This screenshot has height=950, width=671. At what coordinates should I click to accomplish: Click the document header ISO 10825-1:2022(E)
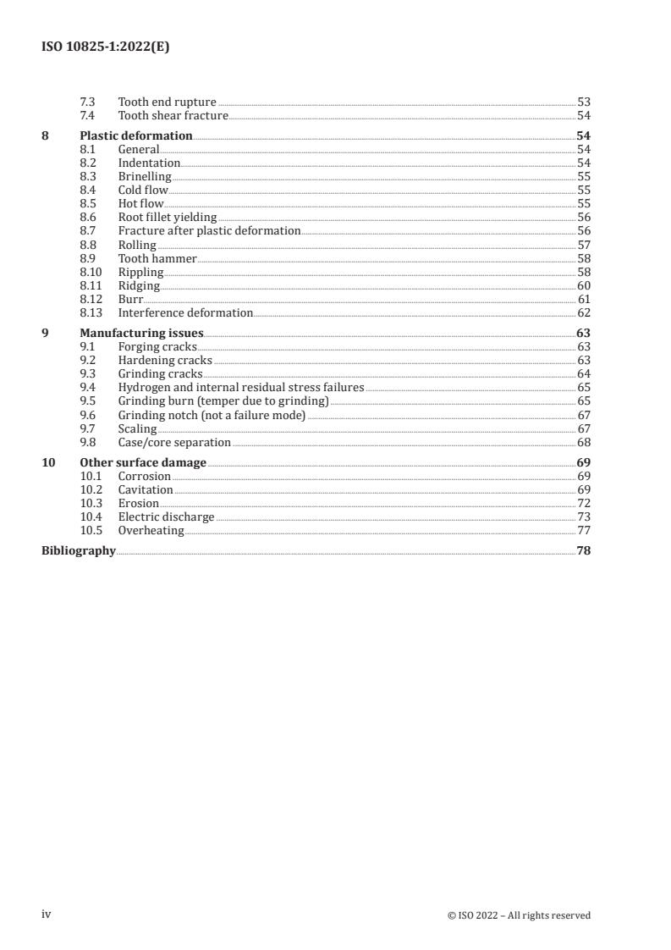(106, 47)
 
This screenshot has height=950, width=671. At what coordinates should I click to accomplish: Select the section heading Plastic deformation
(136, 135)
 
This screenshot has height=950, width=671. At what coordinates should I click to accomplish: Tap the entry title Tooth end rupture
(167, 102)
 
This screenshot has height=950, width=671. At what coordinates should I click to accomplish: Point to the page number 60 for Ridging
(583, 285)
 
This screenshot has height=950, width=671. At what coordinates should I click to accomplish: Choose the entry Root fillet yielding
(168, 217)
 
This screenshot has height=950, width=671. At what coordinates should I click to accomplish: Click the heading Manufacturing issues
(141, 333)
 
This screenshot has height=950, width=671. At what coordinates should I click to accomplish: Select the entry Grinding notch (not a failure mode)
(212, 415)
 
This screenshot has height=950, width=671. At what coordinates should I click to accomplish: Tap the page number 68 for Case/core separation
(583, 442)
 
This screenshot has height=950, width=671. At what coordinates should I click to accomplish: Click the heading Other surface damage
(143, 462)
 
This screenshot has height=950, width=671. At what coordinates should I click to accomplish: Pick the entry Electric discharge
(166, 516)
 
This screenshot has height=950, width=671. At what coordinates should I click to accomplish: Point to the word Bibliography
(79, 550)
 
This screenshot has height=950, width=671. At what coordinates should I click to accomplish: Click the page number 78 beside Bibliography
(583, 550)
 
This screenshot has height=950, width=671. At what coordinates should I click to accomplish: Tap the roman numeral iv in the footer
(47, 914)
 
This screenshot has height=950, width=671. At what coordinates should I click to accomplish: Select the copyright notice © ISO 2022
(519, 915)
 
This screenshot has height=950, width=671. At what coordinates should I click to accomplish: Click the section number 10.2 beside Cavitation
(91, 489)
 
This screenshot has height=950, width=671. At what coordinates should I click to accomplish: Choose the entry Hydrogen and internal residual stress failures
(241, 387)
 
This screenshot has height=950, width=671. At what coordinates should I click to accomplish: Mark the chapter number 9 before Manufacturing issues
(46, 333)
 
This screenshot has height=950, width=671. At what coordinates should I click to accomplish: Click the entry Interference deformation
(185, 312)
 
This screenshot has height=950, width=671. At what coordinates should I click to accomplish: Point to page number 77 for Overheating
(583, 530)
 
